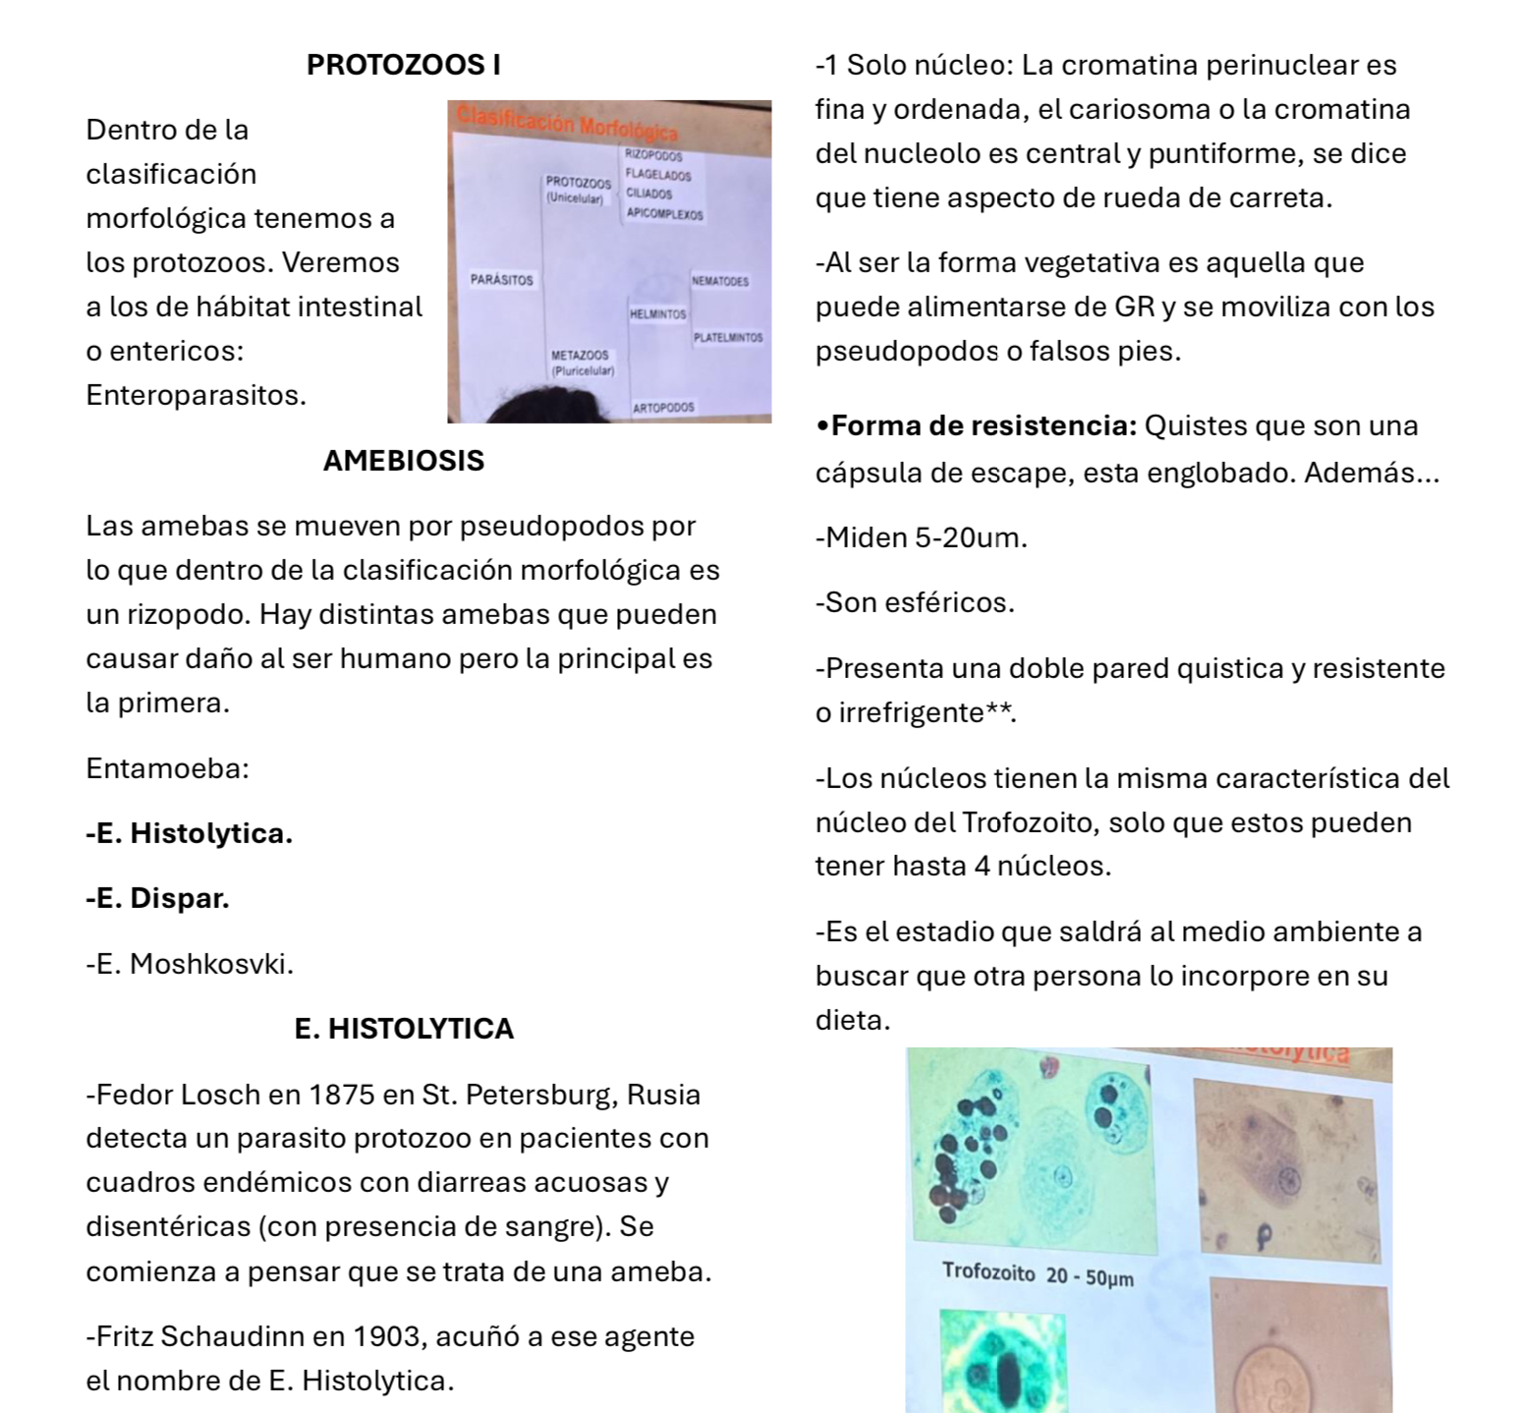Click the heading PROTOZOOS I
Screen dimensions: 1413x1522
[403, 65]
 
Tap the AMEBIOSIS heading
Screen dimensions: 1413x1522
[403, 461]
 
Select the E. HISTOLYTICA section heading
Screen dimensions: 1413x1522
[404, 1029]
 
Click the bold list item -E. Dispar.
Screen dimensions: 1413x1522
[157, 898]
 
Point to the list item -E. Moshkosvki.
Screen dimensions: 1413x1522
[190, 964]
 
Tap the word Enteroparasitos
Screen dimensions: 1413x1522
[196, 395]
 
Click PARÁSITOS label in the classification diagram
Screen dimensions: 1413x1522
[501, 280]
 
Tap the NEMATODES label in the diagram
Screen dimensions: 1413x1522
[720, 281]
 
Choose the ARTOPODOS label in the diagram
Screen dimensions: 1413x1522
[663, 407]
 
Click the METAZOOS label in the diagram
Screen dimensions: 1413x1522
[580, 355]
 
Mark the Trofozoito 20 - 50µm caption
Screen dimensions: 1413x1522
[1038, 1275]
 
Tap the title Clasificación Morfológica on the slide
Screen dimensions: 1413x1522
[567, 124]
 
